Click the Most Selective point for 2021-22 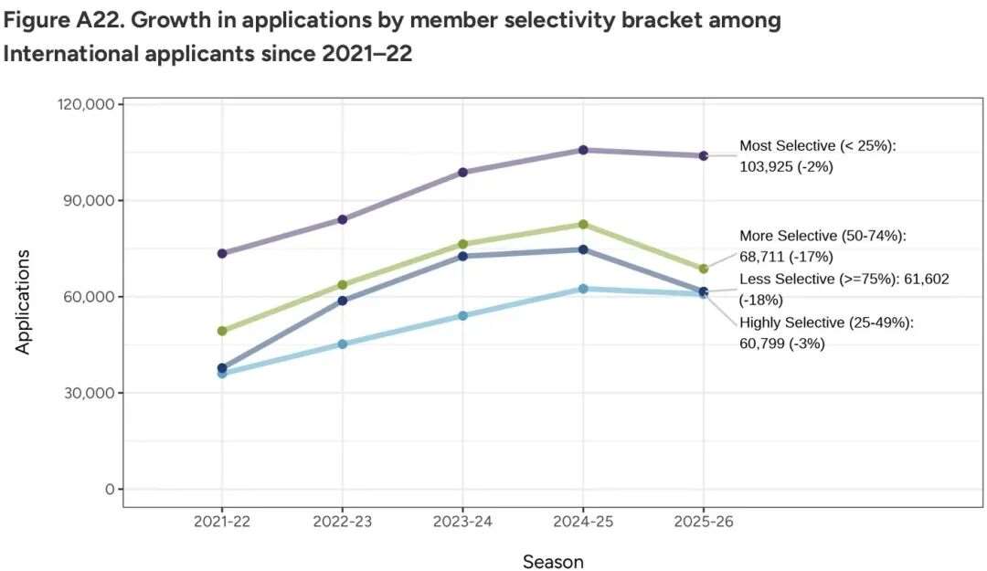(x=222, y=253)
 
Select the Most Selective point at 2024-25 (x=583, y=150)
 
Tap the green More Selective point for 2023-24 (x=462, y=244)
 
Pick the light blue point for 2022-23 (x=343, y=344)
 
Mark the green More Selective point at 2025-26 (x=703, y=269)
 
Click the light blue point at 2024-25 (x=583, y=289)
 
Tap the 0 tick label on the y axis (x=108, y=489)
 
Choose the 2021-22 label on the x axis (x=222, y=522)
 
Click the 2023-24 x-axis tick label (x=462, y=522)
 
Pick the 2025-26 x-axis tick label (x=703, y=522)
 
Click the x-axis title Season (x=553, y=561)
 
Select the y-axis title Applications (x=23, y=301)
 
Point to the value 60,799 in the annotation (x=765, y=344)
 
